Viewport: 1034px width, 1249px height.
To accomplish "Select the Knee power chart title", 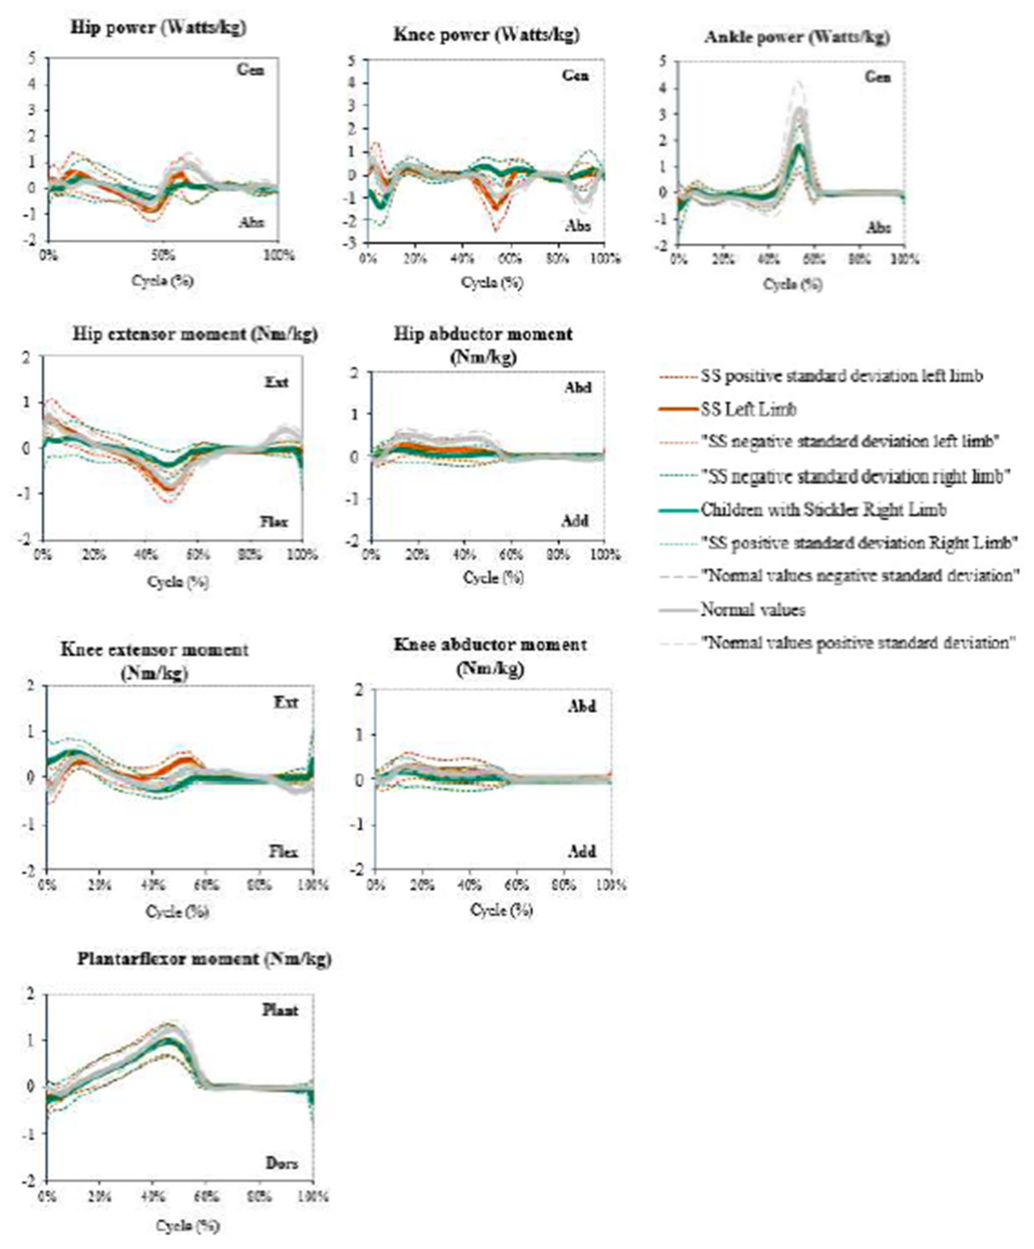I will click(x=486, y=35).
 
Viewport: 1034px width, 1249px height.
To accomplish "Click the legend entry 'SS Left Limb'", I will click(x=748, y=409).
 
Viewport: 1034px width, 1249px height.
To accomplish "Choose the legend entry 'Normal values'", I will click(x=753, y=610).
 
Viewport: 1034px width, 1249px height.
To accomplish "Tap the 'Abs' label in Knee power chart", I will click(x=577, y=226).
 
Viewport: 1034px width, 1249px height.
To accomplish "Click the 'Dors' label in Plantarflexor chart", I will click(x=281, y=1163).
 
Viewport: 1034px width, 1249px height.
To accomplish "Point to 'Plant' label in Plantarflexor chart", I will click(x=280, y=1010).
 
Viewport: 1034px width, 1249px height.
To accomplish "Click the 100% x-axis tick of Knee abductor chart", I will click(x=611, y=885).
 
